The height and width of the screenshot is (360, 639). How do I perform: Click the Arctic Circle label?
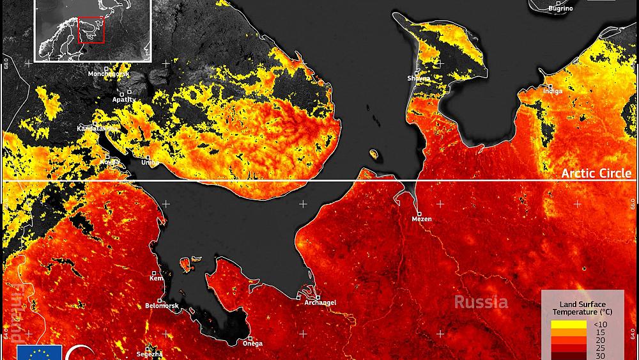click(x=596, y=174)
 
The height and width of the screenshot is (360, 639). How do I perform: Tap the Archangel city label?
click(x=320, y=302)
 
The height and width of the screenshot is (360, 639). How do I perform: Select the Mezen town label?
click(x=422, y=219)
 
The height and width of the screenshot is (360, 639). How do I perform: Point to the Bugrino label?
click(x=560, y=8)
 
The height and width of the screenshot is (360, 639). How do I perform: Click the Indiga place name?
click(x=553, y=91)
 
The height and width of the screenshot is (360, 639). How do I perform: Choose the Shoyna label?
click(x=418, y=78)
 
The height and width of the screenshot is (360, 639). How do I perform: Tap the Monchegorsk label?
click(x=108, y=74)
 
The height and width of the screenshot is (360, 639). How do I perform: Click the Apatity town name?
click(x=123, y=99)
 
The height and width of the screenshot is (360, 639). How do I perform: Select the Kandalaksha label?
click(x=96, y=129)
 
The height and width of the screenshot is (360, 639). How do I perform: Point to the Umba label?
click(x=150, y=163)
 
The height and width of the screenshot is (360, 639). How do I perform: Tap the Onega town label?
click(x=252, y=343)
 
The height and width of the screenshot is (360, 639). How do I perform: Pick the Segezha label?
click(x=150, y=354)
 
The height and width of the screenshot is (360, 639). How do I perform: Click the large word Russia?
click(x=481, y=302)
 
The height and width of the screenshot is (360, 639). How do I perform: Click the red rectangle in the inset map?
click(x=91, y=29)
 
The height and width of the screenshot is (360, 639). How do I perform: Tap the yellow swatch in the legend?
click(x=569, y=324)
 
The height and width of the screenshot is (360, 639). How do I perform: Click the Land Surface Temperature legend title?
click(x=582, y=308)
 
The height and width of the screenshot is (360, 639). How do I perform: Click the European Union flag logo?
click(x=38, y=352)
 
